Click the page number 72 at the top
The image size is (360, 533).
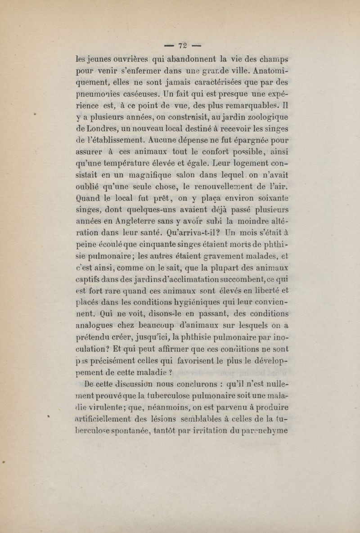[x=182, y=45]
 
